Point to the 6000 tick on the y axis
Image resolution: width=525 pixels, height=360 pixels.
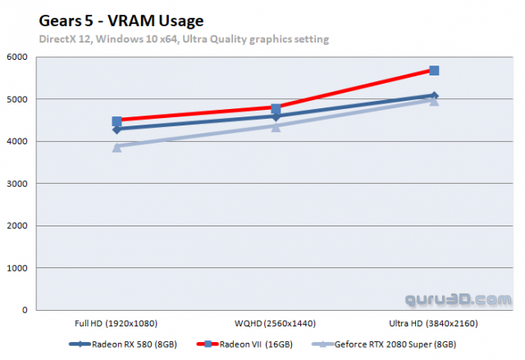tap(17, 57)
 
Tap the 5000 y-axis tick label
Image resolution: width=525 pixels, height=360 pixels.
tap(17, 100)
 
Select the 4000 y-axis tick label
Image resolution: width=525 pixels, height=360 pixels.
tap(17, 142)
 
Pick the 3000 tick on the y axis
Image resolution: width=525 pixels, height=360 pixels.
tap(17, 185)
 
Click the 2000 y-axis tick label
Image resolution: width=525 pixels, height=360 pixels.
tap(17, 226)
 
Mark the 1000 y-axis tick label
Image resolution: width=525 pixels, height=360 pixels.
tap(17, 269)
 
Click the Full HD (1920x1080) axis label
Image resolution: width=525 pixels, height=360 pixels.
tap(116, 322)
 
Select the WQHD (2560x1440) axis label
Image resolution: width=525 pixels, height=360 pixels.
tap(276, 322)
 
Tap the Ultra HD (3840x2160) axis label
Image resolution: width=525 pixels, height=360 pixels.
tap(434, 322)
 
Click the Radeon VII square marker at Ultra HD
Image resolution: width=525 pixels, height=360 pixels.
tap(434, 71)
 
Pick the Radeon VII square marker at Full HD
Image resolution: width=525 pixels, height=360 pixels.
tap(116, 121)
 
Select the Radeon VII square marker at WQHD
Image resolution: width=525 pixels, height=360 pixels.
tap(276, 108)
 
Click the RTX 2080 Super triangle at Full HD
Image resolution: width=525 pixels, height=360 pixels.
tap(116, 147)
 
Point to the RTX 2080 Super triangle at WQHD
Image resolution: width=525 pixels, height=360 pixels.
tap(276, 126)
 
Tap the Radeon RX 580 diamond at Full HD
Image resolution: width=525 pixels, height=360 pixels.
tap(116, 130)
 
